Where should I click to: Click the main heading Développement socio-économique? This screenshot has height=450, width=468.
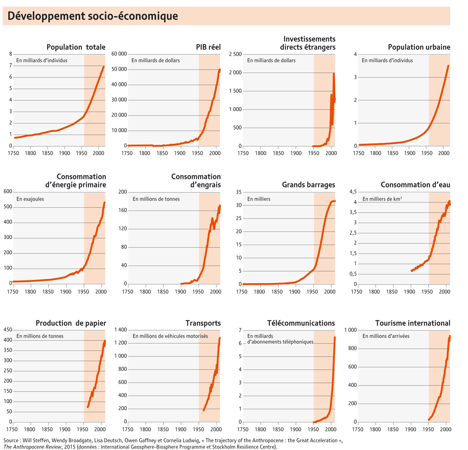[93, 16]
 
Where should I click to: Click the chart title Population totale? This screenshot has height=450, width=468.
[76, 47]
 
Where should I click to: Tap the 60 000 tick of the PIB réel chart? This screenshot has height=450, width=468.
[119, 54]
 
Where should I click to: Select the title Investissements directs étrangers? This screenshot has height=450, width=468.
[308, 43]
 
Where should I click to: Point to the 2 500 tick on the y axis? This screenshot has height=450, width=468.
[235, 54]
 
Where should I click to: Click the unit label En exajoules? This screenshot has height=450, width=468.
[30, 199]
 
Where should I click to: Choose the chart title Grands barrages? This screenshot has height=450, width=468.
[308, 185]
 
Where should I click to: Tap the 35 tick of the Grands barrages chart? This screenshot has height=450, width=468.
[238, 192]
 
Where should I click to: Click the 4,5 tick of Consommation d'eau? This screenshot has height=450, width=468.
[353, 192]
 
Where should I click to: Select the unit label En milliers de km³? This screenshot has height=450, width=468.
[382, 199]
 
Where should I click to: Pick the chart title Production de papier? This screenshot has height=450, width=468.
[71, 323]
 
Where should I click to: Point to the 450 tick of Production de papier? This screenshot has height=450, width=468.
[8, 330]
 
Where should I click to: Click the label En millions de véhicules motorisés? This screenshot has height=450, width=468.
[170, 336]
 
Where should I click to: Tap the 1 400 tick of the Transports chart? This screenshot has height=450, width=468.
[120, 330]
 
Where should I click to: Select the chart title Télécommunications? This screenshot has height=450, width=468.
[301, 323]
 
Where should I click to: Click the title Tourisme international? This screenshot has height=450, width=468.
[413, 323]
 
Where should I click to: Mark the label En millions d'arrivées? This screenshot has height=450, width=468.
[386, 336]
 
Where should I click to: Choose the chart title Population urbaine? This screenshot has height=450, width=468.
[419, 47]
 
